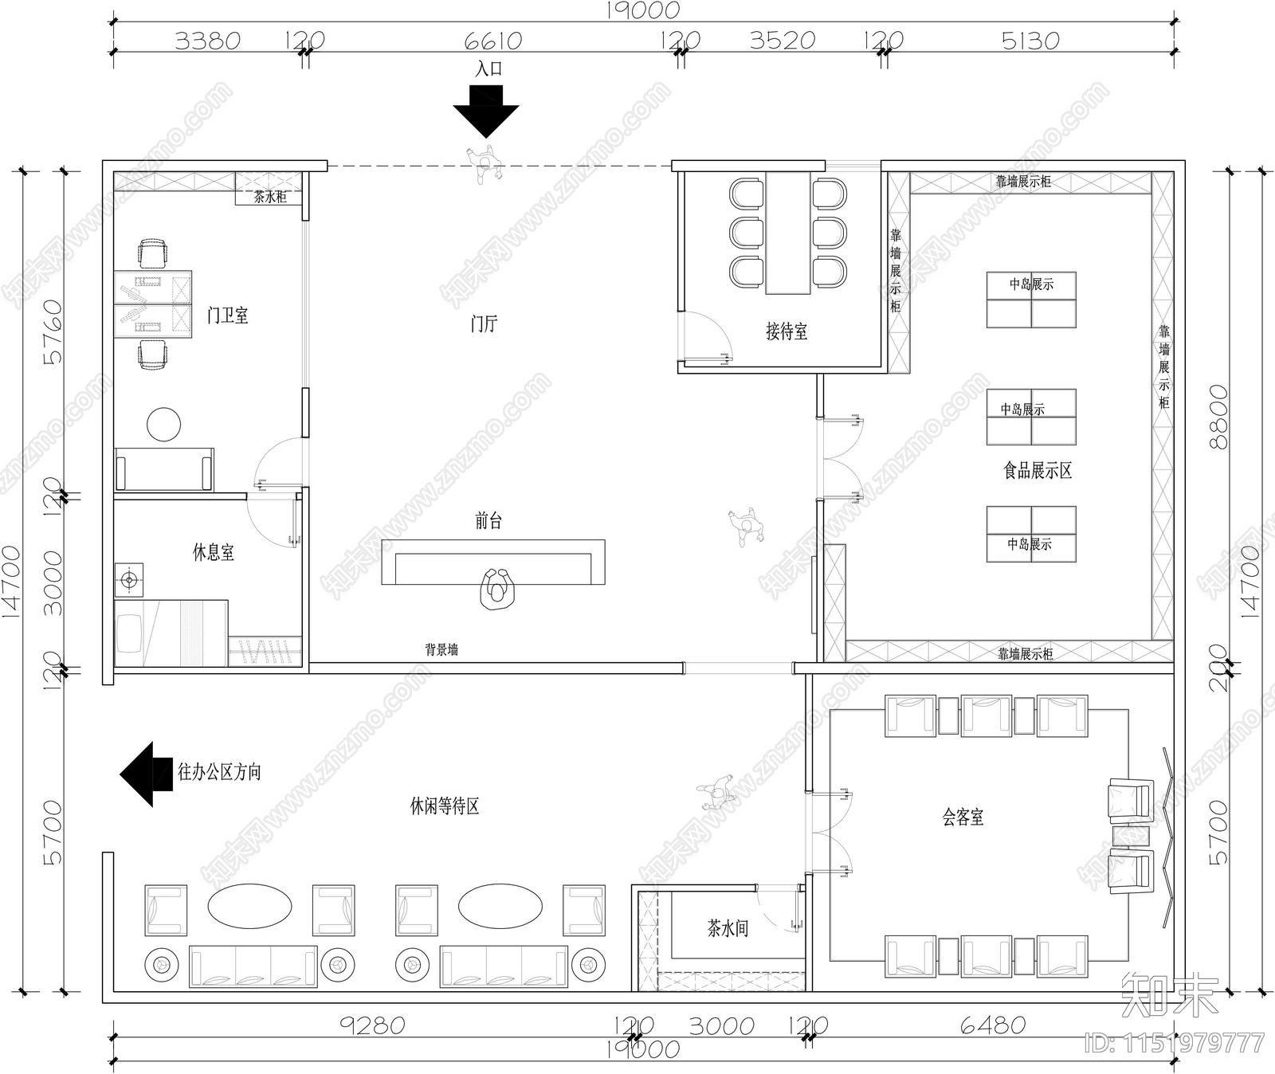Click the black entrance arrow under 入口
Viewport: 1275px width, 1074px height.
tap(486, 113)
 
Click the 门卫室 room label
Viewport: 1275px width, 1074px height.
tap(228, 316)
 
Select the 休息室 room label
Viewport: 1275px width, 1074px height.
tap(214, 552)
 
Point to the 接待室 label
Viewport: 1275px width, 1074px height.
tap(787, 331)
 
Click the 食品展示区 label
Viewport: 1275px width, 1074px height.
tap(1038, 471)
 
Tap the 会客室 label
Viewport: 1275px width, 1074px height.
tap(963, 817)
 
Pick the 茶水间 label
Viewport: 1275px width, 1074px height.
tap(728, 928)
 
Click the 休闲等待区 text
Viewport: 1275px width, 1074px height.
tap(445, 806)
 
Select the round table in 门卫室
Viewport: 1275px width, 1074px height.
tap(163, 425)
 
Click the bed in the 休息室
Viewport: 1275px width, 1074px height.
tap(171, 633)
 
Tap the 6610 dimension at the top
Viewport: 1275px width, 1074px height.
tap(492, 41)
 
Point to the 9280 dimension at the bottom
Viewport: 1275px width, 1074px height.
tap(372, 1025)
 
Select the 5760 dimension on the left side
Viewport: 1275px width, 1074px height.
tap(53, 331)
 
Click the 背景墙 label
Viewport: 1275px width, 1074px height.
tap(441, 649)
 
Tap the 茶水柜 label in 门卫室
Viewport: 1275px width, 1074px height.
tap(269, 197)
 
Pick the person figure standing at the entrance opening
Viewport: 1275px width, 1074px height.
tap(484, 163)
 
